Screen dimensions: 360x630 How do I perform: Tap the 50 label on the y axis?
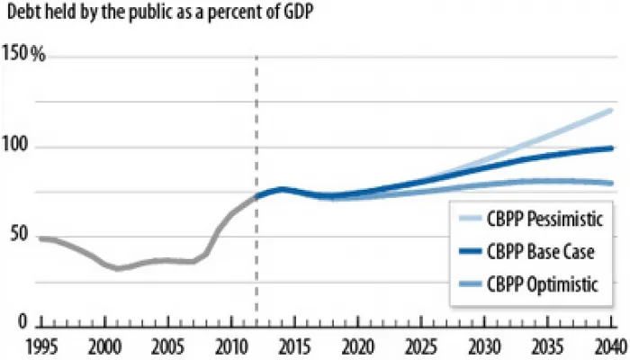tap(19, 236)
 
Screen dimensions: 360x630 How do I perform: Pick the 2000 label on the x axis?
tap(106, 346)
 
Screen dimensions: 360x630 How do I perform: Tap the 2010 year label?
tap(231, 346)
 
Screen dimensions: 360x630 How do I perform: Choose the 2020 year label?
tap(356, 346)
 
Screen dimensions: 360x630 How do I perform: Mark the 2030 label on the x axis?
tap(483, 346)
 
